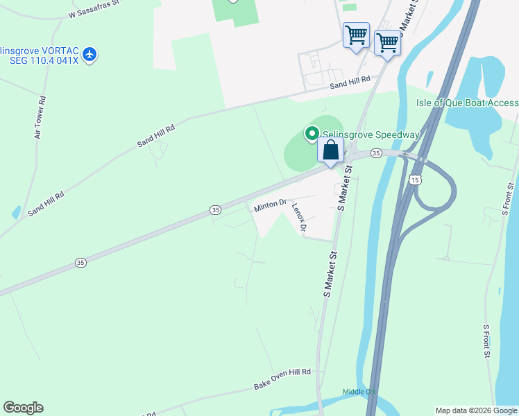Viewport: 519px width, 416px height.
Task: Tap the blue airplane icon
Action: coord(89,55)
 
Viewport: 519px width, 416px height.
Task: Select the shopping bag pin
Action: coord(331,151)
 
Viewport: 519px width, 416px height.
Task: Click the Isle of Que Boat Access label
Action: coord(467,103)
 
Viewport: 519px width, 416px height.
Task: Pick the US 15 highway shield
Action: coord(415,180)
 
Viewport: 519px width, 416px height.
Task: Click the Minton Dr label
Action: coord(270,205)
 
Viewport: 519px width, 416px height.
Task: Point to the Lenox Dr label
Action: coord(298,216)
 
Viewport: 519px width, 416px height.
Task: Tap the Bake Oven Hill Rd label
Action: coord(282,379)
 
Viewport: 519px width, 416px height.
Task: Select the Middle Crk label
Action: coord(359,392)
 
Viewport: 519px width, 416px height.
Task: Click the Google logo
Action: coord(23,408)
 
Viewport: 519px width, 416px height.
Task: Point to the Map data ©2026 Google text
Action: coord(477,410)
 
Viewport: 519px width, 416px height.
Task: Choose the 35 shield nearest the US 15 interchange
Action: coord(375,153)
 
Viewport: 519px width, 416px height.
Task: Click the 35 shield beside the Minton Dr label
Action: coord(216,209)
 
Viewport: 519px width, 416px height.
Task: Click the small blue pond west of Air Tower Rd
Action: coord(16,212)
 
